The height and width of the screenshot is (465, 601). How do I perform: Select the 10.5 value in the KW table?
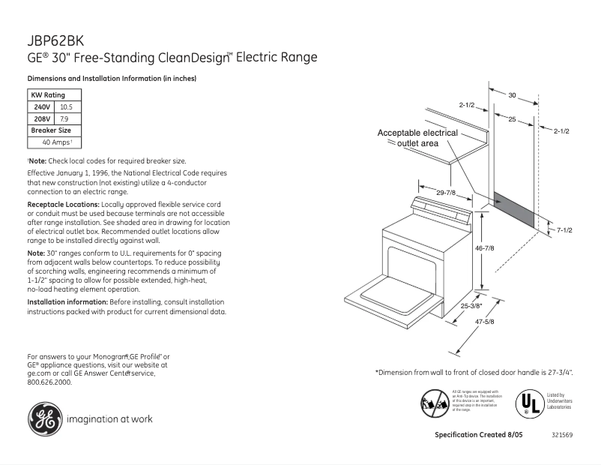tap(65, 107)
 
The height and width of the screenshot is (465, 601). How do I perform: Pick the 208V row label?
tap(41, 118)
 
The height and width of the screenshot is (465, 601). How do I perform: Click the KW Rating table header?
tap(47, 95)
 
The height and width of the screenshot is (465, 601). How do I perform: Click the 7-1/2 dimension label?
tap(564, 229)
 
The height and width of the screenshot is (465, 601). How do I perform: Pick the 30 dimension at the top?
tap(513, 95)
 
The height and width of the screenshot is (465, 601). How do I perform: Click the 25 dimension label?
tap(512, 119)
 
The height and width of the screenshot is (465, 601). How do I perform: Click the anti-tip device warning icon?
tap(435, 403)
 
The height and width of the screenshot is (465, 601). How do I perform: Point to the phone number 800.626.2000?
tap(49, 382)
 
